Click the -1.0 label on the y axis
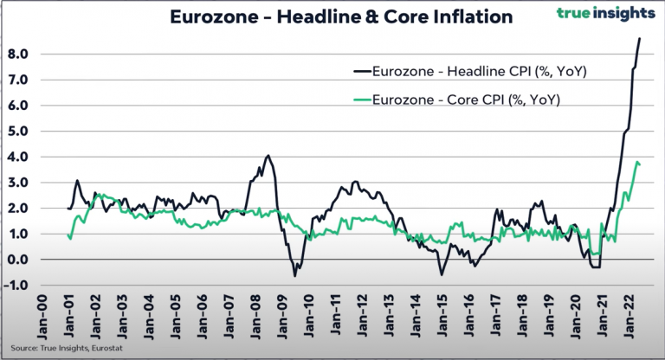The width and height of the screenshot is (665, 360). pyautogui.click(x=18, y=286)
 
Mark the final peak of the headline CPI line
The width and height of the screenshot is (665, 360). pyautogui.click(x=639, y=38)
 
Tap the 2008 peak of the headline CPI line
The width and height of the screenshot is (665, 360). pyautogui.click(x=268, y=156)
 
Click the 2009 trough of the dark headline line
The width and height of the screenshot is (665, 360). pyautogui.click(x=294, y=275)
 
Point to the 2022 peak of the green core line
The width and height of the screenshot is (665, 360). pyautogui.click(x=636, y=162)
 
